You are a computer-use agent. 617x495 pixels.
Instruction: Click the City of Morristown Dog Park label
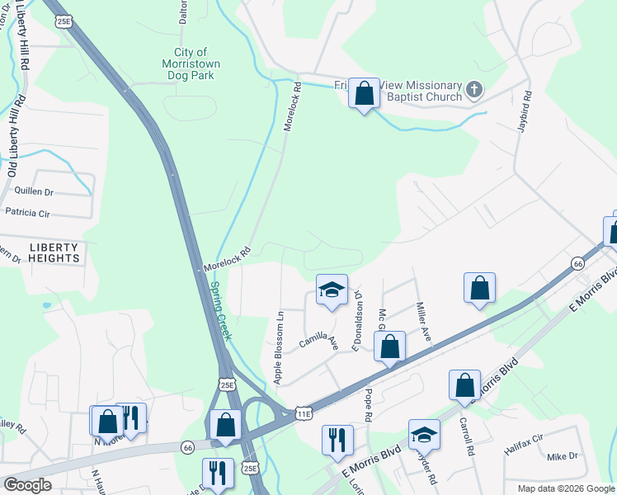(189, 64)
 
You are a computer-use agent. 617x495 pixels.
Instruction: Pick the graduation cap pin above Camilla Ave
(332, 290)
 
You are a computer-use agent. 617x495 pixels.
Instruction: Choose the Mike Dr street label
(563, 456)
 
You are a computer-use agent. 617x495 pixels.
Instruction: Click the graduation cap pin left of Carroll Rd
(424, 435)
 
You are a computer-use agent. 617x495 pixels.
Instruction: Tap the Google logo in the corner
(28, 485)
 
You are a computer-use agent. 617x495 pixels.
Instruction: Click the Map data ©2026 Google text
(566, 488)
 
